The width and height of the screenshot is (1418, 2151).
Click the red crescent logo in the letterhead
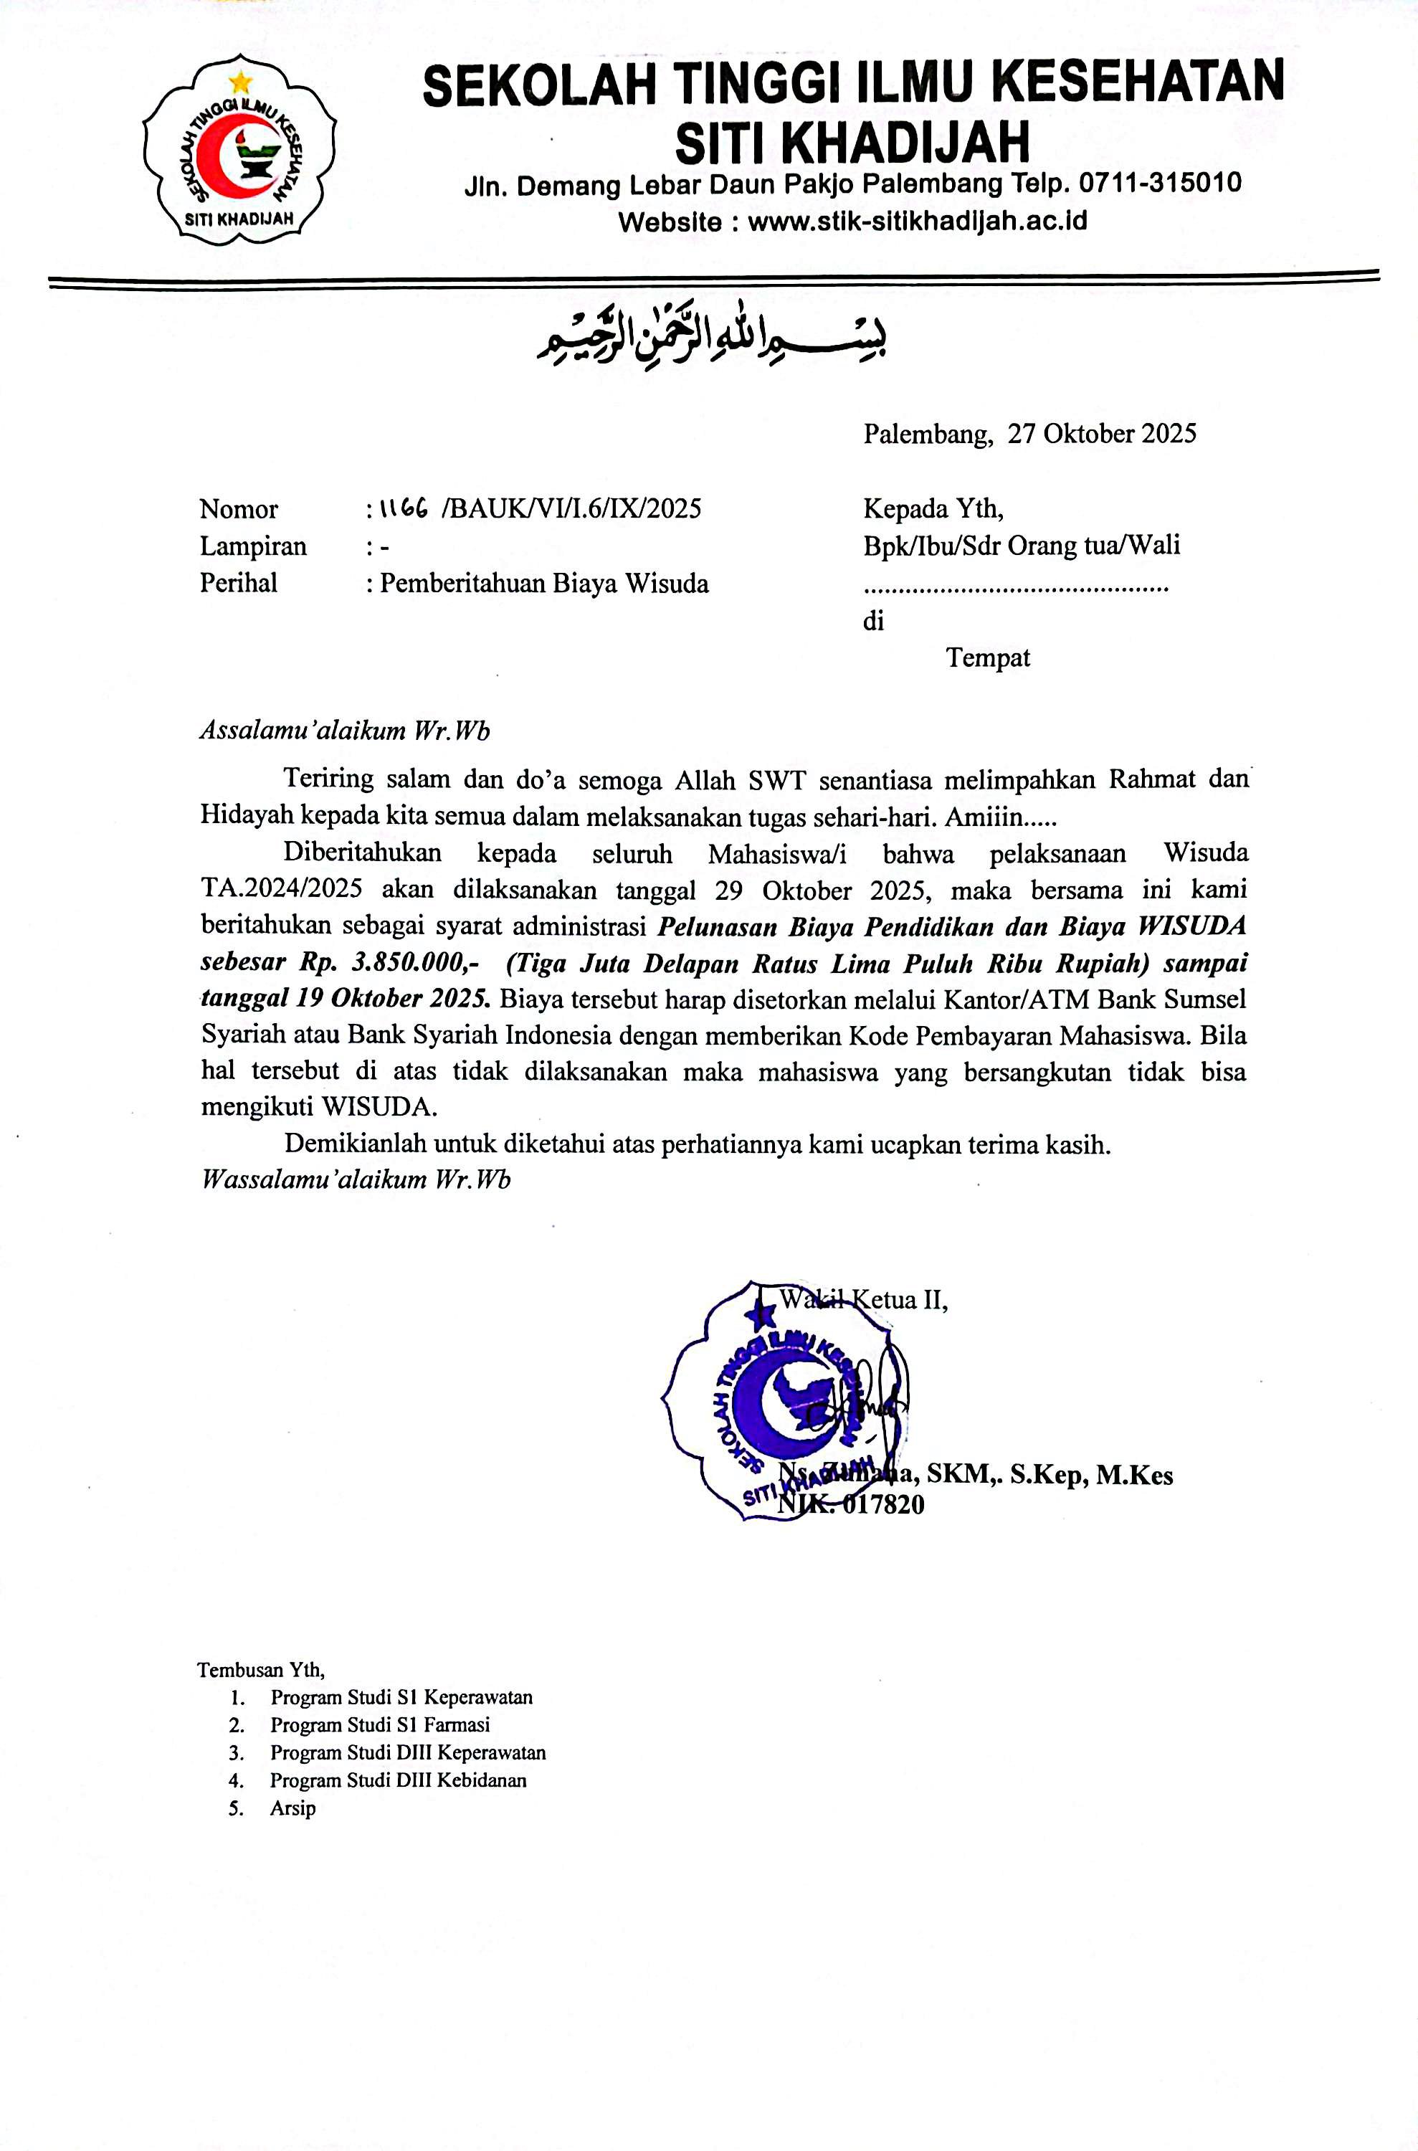217,156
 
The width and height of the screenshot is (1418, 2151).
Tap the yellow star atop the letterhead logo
241,82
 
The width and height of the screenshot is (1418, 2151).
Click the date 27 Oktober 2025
1101,435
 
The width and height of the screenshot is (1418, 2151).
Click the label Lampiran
253,546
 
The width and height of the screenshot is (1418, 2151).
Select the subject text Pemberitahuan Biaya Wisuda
543,584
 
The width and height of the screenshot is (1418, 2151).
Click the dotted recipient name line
1016,589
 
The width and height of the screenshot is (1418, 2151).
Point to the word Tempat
988,657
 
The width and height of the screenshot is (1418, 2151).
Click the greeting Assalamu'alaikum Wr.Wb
345,731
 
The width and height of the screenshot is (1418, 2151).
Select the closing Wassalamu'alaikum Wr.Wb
356,1180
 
